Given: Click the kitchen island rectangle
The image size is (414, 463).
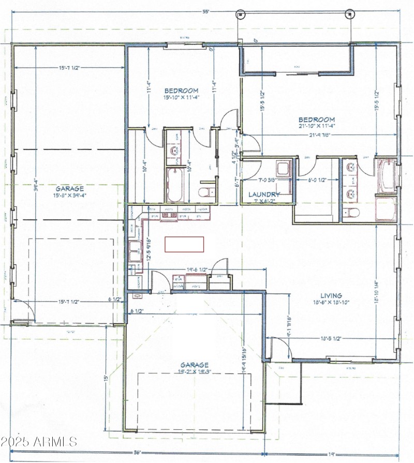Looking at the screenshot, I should (184, 244).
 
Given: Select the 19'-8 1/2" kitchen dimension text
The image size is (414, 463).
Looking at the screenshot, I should (197, 270).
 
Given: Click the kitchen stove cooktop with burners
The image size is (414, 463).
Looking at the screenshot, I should (168, 215).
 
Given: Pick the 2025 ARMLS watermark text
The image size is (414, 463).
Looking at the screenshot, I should (39, 442).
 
